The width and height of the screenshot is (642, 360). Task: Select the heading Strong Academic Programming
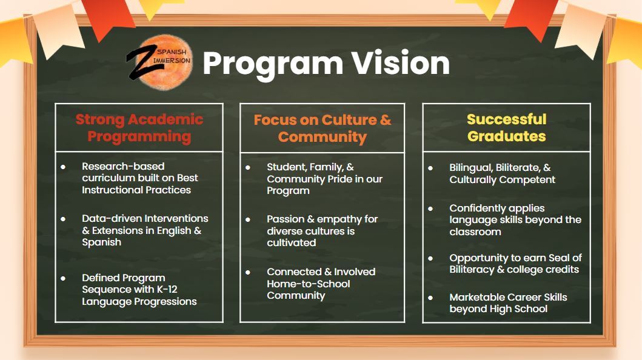139,127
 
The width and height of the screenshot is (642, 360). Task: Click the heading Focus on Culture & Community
323,128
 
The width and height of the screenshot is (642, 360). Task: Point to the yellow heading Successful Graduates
506,127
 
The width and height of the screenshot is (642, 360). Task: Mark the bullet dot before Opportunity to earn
430,258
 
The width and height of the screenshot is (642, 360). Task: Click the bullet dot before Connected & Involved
248,272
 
